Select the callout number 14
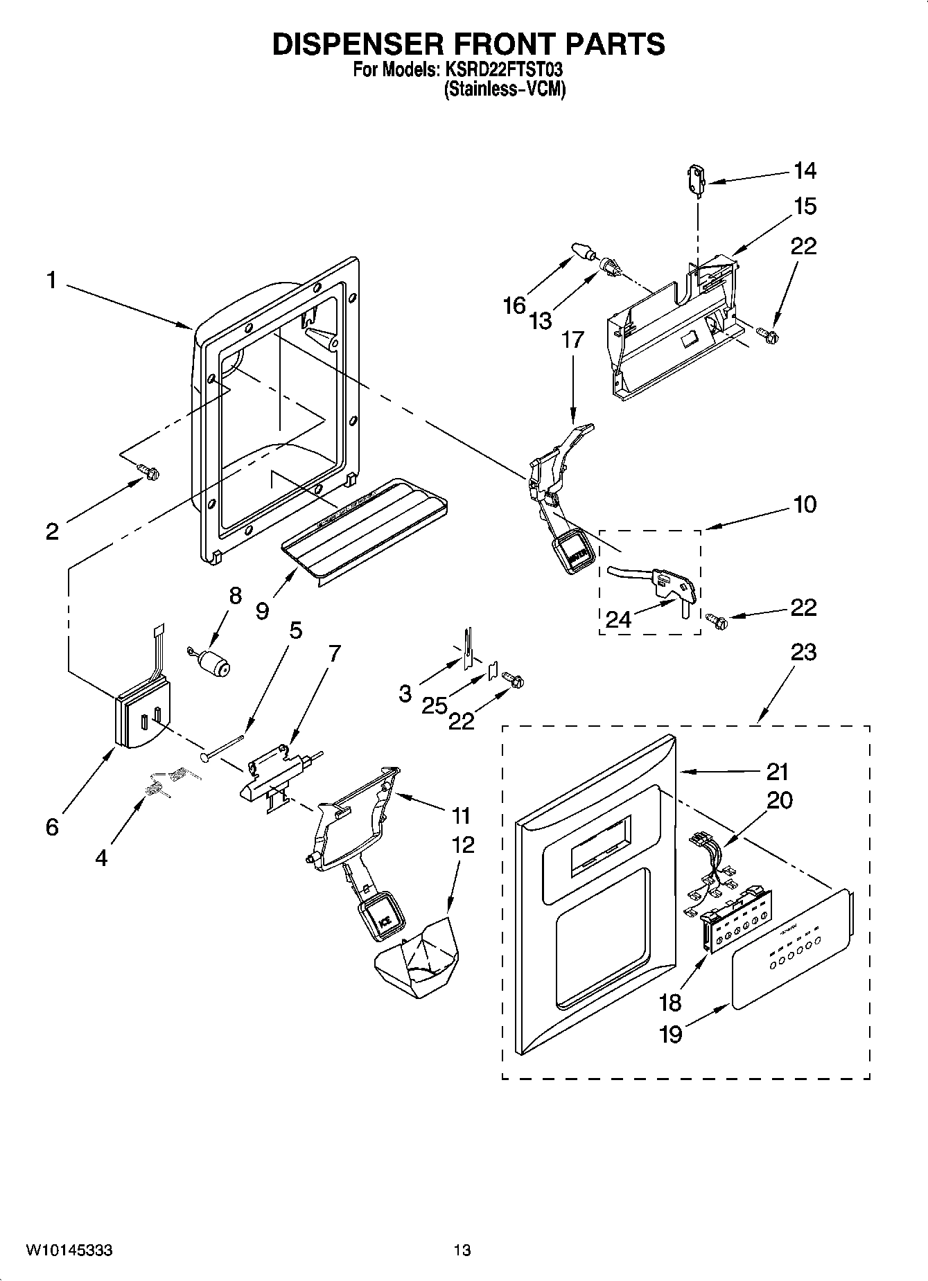(804, 170)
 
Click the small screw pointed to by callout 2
(149, 471)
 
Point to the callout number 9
(262, 611)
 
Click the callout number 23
(803, 652)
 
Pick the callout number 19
(670, 1034)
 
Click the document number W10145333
(69, 1251)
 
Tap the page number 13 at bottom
(462, 1251)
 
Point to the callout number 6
(53, 827)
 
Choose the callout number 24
(618, 619)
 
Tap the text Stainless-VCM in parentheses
(505, 89)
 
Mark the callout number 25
(435, 705)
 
